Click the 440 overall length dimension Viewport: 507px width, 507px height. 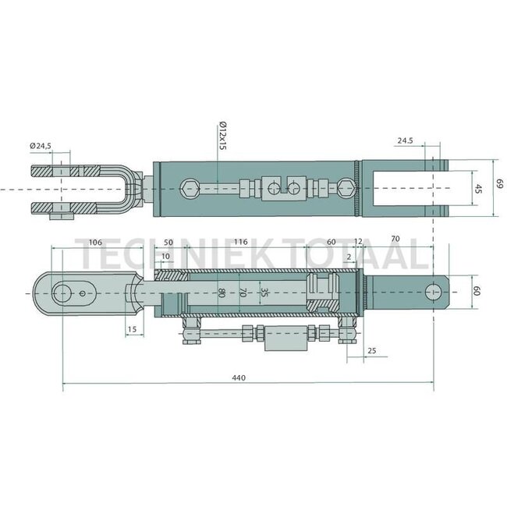point(239,378)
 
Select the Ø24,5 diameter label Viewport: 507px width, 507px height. point(41,146)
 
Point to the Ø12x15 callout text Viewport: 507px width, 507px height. point(222,133)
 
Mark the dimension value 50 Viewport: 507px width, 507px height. point(168,243)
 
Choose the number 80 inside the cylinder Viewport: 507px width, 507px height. point(222,293)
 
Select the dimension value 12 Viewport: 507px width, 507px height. point(358,243)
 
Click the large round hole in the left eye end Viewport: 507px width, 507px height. point(62,293)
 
